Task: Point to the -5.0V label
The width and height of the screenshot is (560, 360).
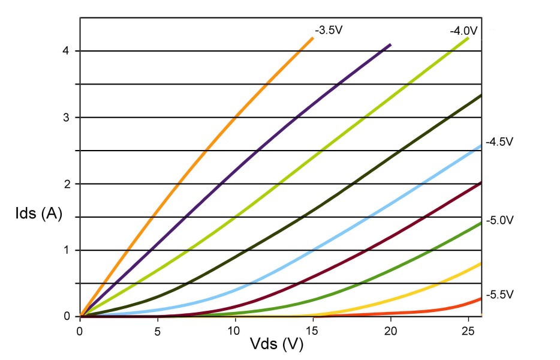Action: (x=501, y=220)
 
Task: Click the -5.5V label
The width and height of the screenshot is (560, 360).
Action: (x=501, y=295)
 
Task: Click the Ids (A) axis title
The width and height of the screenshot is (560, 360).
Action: (x=39, y=214)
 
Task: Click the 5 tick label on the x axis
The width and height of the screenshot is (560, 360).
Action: (x=157, y=329)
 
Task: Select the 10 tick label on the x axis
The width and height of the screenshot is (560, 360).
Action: (x=234, y=329)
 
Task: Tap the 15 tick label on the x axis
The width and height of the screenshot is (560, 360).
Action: (x=312, y=329)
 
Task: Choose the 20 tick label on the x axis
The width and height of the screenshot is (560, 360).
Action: (x=390, y=329)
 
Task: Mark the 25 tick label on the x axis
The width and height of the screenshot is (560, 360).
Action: (x=468, y=329)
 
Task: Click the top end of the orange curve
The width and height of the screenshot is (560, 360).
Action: (x=312, y=38)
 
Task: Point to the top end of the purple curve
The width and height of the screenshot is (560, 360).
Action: (x=390, y=44)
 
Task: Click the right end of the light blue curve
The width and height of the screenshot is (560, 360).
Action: (x=480, y=145)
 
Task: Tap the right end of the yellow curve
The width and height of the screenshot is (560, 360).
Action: (x=480, y=263)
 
